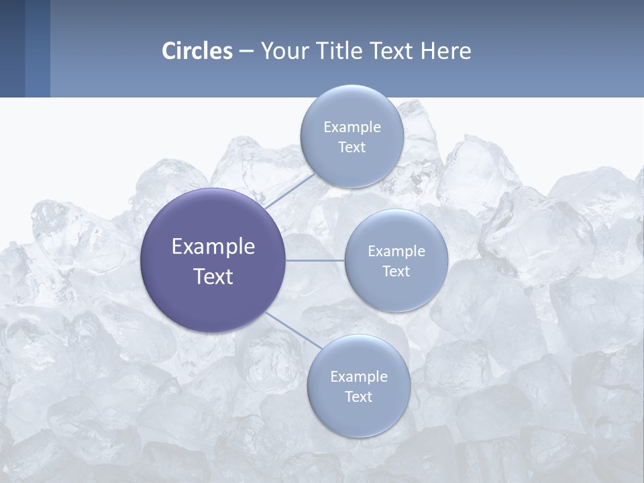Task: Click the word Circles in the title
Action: click(197, 51)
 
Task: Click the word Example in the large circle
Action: click(213, 247)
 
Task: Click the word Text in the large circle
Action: click(213, 276)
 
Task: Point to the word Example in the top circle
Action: click(352, 127)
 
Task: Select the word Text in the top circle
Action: click(352, 148)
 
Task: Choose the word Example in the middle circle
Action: click(396, 252)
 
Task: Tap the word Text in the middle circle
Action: click(396, 272)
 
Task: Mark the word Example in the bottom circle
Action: click(359, 376)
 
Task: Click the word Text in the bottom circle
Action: click(359, 397)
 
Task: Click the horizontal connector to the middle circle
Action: click(315, 260)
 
